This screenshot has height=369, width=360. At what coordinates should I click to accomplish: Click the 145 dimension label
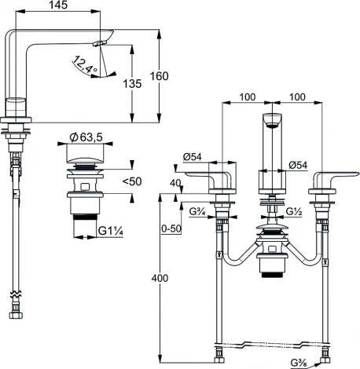pyautogui.click(x=58, y=5)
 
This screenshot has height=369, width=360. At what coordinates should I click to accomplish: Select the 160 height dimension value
pyautogui.click(x=159, y=76)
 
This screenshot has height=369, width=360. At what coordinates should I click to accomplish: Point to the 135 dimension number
pyautogui.click(x=132, y=84)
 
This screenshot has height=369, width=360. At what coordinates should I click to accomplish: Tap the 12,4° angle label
pyautogui.click(x=84, y=64)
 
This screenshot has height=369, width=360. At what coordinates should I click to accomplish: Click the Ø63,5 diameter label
pyautogui.click(x=86, y=137)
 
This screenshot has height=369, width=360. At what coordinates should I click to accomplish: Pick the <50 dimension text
pyautogui.click(x=132, y=181)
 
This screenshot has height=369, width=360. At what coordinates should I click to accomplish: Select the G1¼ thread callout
pyautogui.click(x=111, y=231)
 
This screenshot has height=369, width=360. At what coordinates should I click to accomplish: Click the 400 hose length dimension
pyautogui.click(x=160, y=278)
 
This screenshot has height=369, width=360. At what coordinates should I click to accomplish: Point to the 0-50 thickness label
pyautogui.click(x=171, y=228)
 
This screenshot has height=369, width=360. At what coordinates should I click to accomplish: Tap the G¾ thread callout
pyautogui.click(x=198, y=211)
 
